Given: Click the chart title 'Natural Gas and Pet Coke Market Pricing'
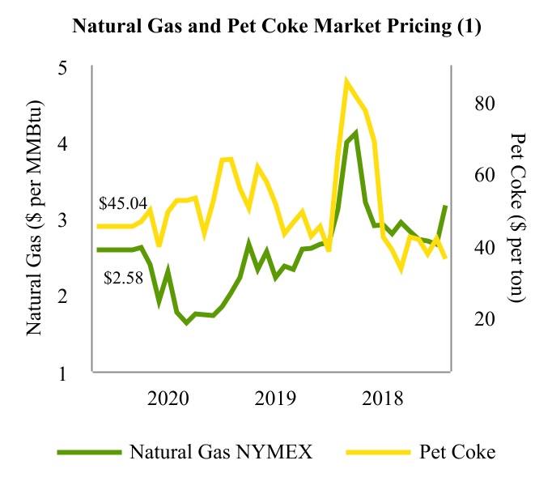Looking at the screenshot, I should [x=277, y=27].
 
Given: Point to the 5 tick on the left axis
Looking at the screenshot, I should [x=72, y=68].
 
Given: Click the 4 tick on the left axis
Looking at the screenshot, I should [x=72, y=144].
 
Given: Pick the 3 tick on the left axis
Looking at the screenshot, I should [x=72, y=220].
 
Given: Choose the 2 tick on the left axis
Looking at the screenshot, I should [x=72, y=296].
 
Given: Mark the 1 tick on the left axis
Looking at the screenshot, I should [x=72, y=373].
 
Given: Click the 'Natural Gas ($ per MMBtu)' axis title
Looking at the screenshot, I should [x=35, y=220].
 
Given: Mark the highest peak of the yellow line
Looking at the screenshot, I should [x=346, y=81].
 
